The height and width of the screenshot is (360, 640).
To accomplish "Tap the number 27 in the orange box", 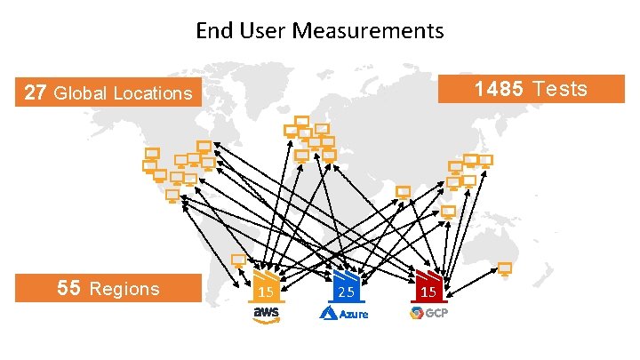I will (x=36, y=92).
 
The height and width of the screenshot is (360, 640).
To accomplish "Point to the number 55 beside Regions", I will (x=69, y=288).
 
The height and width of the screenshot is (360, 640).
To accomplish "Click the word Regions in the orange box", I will (x=125, y=288).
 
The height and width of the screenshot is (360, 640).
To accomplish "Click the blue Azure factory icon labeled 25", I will (x=345, y=286).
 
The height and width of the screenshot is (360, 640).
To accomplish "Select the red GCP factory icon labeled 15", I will (x=428, y=286).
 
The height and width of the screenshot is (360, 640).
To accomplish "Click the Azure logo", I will (x=343, y=314).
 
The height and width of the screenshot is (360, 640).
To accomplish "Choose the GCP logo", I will (x=428, y=313).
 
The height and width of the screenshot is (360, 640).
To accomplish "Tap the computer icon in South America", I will (x=238, y=261).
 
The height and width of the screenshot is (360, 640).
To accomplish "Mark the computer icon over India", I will (x=404, y=193).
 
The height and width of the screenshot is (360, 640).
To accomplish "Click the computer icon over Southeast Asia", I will (x=448, y=213).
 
